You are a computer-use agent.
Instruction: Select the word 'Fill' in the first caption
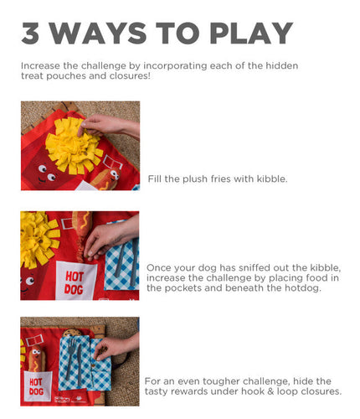(x=155, y=179)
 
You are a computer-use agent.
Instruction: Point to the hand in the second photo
(x=109, y=239)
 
